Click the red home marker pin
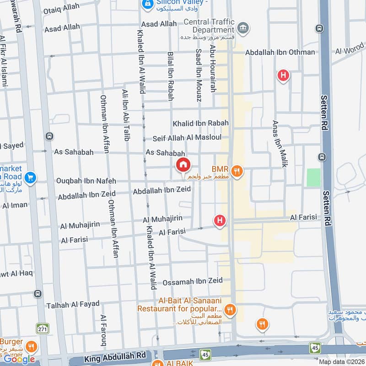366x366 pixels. (183, 165)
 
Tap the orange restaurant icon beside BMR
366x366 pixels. (237, 172)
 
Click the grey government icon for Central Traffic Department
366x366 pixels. (244, 28)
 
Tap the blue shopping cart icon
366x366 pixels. (31, 177)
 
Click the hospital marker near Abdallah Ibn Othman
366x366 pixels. (284, 75)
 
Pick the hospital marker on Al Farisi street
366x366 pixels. (220, 221)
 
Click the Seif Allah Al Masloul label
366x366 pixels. (187, 138)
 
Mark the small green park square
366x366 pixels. (313, 178)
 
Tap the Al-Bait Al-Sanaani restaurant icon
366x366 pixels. (231, 310)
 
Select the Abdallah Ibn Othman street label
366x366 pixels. (280, 52)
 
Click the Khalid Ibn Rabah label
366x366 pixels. (200, 123)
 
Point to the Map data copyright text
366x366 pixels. (342, 361)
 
